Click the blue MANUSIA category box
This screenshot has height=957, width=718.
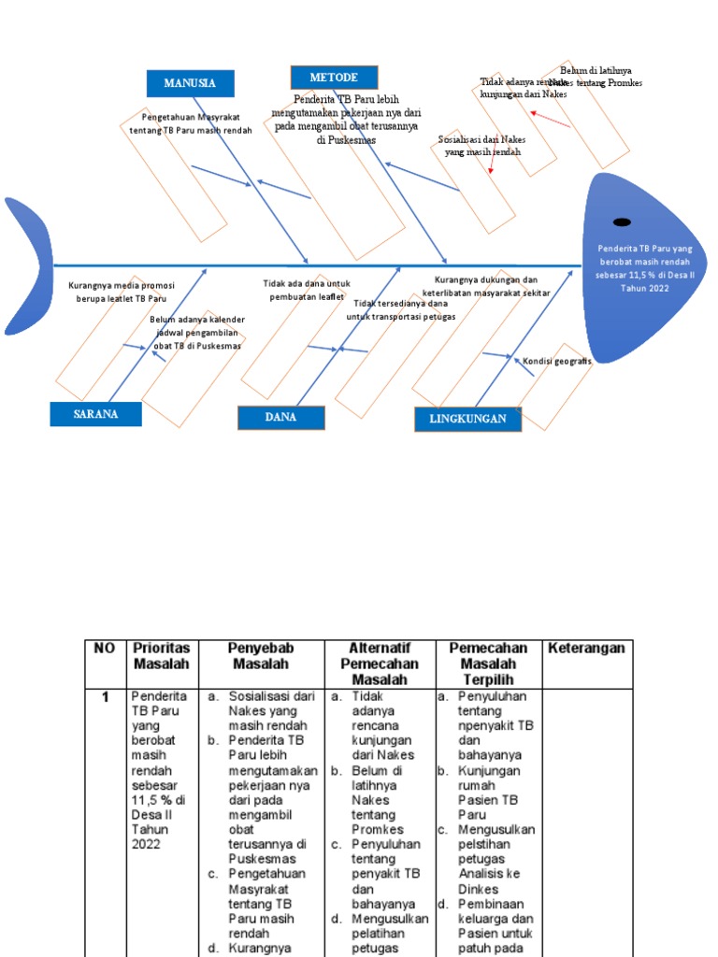click(190, 83)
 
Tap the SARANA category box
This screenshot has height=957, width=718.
click(95, 414)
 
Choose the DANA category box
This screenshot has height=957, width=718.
click(280, 417)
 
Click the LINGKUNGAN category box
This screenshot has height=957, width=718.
click(467, 419)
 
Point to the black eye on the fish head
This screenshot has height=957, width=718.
click(621, 221)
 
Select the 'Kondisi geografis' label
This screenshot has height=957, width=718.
click(556, 361)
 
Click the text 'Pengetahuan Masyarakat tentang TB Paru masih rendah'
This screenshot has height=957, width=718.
click(191, 123)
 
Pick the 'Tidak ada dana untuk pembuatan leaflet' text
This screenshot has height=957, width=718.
click(306, 290)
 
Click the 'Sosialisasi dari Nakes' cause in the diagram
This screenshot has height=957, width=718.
click(481, 145)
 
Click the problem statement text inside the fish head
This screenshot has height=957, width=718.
click(645, 268)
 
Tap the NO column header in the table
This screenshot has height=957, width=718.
click(105, 649)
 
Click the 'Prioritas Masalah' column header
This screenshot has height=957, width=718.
click(161, 656)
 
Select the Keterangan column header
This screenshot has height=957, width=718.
click(585, 649)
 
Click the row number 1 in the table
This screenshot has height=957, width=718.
click(106, 697)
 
